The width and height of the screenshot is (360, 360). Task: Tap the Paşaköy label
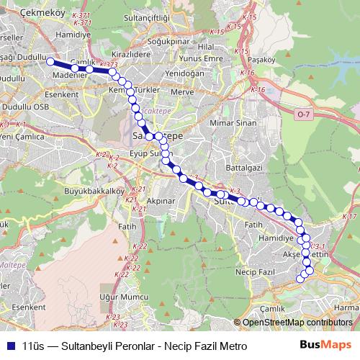[x=262, y=59]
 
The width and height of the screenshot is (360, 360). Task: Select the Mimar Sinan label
[x=231, y=124]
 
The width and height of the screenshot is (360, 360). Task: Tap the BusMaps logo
[x=330, y=346]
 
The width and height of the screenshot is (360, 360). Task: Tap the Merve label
[x=184, y=93]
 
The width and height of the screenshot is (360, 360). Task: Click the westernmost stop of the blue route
[x=51, y=62]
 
